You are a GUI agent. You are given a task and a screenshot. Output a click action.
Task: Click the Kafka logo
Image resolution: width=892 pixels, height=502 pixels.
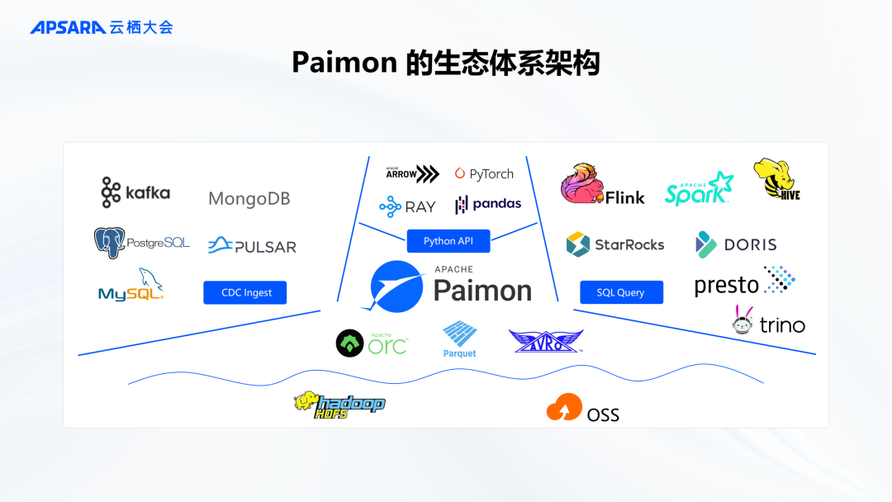(x=135, y=192)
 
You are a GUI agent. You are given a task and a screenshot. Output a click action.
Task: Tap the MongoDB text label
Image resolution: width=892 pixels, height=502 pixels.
(x=249, y=199)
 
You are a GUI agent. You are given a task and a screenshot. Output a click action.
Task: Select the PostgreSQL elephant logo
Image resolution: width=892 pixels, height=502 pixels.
(x=109, y=243)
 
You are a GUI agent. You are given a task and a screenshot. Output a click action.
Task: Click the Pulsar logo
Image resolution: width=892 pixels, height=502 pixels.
(x=252, y=245)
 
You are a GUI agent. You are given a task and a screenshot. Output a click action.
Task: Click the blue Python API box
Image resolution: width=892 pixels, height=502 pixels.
(x=448, y=241)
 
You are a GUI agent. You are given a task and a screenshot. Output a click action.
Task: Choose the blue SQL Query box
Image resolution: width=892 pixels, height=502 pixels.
(x=620, y=292)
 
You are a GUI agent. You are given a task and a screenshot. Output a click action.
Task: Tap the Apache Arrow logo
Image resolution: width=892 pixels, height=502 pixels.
(x=412, y=173)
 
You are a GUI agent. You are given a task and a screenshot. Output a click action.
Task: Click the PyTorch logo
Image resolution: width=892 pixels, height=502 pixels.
(x=484, y=174)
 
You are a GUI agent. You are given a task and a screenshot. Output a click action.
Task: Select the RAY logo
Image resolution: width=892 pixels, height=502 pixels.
(x=407, y=206)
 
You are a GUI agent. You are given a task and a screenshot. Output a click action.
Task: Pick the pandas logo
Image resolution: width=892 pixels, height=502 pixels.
(x=488, y=204)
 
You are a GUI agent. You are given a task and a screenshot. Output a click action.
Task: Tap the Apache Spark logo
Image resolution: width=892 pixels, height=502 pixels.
(x=699, y=189)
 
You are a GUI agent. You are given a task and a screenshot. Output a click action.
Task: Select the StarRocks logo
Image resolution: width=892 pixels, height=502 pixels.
(x=614, y=244)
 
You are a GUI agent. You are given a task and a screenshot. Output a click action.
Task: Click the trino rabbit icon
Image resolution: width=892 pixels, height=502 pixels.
(x=743, y=320)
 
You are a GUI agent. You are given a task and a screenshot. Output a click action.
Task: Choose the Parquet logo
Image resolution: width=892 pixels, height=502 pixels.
(x=459, y=339)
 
